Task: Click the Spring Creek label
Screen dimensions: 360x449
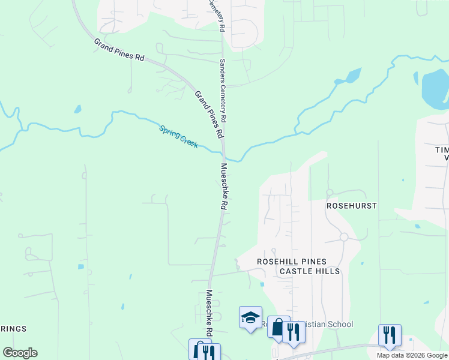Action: tap(178, 137)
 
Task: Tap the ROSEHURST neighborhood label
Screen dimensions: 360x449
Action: tap(351, 205)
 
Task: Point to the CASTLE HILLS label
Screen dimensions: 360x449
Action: tap(310, 271)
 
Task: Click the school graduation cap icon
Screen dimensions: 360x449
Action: tap(250, 318)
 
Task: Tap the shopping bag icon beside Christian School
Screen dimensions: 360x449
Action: tap(278, 328)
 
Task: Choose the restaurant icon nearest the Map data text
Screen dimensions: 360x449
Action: tap(390, 335)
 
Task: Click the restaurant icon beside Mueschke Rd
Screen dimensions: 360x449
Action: tap(209, 352)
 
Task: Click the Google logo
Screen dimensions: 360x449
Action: tap(20, 353)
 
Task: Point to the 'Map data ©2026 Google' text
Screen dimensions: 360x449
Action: tap(412, 355)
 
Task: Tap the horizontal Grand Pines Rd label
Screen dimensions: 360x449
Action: tap(119, 50)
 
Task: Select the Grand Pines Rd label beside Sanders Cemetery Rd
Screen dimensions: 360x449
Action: tap(209, 113)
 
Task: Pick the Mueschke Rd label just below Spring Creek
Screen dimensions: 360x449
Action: tap(224, 186)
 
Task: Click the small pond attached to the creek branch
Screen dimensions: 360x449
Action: tap(353, 76)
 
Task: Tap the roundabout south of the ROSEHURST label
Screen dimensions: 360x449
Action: tap(344, 237)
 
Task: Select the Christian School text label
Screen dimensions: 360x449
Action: tap(327, 324)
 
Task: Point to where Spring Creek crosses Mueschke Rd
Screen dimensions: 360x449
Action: tap(223, 151)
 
